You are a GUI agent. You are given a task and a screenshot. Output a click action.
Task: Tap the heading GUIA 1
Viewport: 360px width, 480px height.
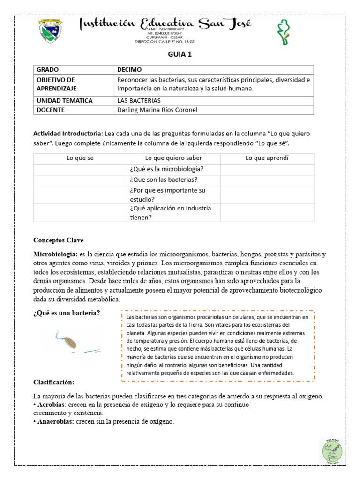(180, 54)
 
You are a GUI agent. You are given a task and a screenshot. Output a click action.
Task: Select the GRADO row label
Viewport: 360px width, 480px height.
(48, 69)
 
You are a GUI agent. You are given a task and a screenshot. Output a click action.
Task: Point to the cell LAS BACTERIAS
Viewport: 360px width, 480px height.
(139, 101)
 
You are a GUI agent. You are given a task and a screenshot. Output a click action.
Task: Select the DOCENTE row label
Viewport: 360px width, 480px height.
(51, 110)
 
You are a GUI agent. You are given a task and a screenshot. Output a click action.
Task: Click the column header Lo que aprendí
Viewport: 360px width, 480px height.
(267, 158)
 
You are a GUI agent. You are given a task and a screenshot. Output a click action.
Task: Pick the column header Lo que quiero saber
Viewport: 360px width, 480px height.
(173, 158)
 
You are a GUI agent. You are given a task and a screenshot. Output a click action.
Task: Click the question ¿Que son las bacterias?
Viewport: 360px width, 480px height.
(163, 180)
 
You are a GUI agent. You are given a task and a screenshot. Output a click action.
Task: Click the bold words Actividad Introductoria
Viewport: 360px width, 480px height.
(68, 134)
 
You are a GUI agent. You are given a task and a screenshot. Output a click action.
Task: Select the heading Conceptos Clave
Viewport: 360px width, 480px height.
(58, 240)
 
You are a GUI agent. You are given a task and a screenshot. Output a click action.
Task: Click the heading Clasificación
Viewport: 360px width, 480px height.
(54, 382)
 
